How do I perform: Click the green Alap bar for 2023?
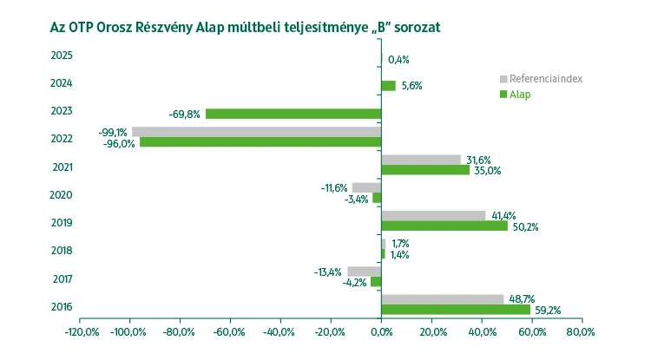pos(293,114)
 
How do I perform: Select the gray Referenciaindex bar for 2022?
pos(256,132)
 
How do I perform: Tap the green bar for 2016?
pos(456,309)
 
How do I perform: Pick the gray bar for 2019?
pos(433,215)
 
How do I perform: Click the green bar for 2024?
pos(388,86)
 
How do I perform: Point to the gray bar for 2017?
pos(364,272)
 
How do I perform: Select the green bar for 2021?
pos(425,170)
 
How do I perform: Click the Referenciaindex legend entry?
pos(545,79)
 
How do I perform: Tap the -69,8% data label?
pos(184,114)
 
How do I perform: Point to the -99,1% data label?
pos(113,133)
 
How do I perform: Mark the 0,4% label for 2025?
pos(398,60)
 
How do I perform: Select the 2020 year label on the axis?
pos(62,195)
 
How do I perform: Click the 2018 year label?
pos(62,251)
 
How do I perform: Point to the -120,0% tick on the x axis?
pos(81,332)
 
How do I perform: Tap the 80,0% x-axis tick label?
pos(581,332)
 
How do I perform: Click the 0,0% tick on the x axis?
pos(382,332)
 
